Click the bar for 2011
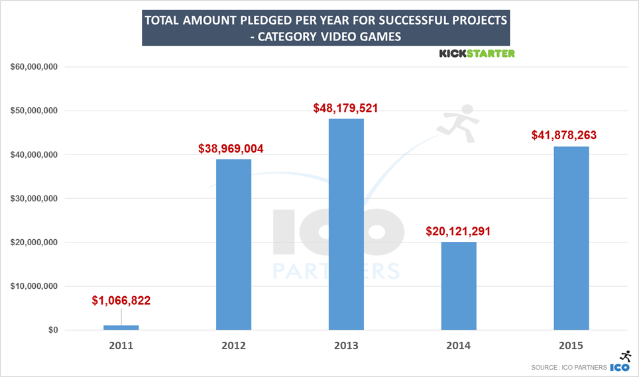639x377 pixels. click(x=121, y=327)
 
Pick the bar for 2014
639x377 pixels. click(x=459, y=286)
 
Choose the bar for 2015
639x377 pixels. click(x=571, y=238)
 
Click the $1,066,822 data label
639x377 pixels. click(x=121, y=301)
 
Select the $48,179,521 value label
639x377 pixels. click(x=345, y=108)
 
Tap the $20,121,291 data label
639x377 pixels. click(x=458, y=232)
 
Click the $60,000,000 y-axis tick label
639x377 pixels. click(x=34, y=67)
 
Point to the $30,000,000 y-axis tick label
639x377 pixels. click(x=34, y=199)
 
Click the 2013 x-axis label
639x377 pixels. click(x=346, y=346)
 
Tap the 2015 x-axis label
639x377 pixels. click(x=571, y=346)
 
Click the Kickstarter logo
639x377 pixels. click(x=477, y=54)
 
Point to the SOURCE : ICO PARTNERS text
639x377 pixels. click(x=568, y=367)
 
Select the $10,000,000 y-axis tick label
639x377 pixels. click(x=34, y=286)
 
